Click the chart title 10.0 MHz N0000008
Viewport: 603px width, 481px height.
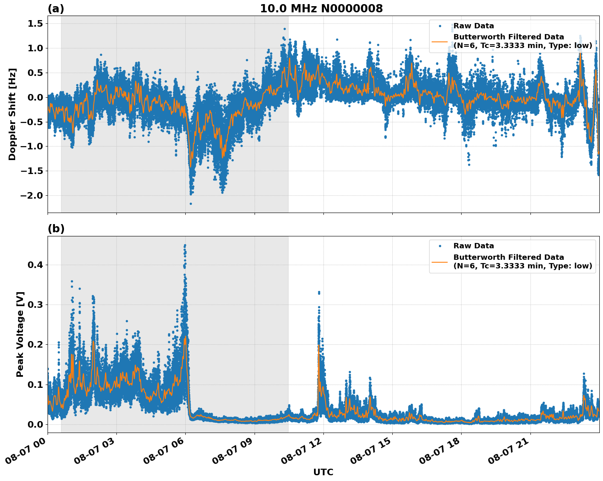321,9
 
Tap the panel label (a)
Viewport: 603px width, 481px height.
56,9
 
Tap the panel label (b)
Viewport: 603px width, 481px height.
56,229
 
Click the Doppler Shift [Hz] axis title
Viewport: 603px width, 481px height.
12,114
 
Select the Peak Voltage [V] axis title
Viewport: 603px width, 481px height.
20,334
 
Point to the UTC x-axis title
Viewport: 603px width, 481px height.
323,472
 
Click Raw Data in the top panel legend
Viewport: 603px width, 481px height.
473,26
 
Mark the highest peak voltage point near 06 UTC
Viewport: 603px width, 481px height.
185,245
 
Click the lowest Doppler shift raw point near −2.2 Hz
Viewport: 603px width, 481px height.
191,204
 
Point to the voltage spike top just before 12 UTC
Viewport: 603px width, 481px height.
319,292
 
